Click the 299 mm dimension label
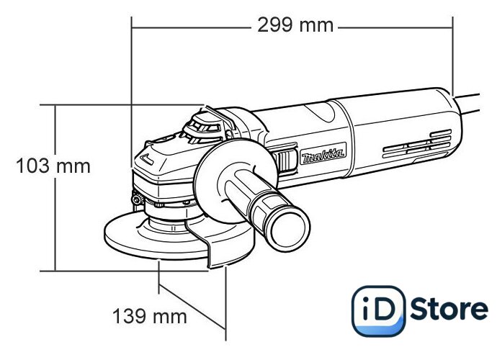(295, 25)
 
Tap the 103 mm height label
(53, 166)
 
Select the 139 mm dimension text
(150, 316)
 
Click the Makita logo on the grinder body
(323, 153)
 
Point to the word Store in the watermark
(449, 309)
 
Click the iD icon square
(378, 310)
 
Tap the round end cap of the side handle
(289, 230)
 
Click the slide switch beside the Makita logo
(285, 161)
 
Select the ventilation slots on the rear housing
(417, 144)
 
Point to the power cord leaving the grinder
(467, 103)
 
